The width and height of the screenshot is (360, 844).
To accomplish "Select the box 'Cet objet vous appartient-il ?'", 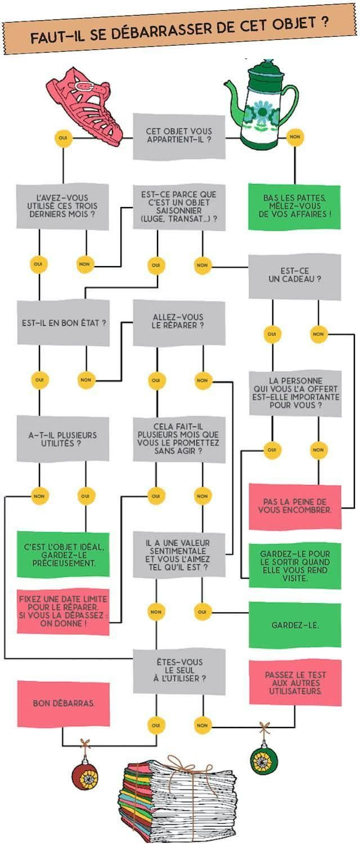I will pyautogui.click(x=179, y=136).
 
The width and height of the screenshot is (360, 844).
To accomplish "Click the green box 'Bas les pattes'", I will pyautogui.click(x=294, y=206).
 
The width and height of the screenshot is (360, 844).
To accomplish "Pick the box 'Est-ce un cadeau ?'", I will pyautogui.click(x=294, y=276).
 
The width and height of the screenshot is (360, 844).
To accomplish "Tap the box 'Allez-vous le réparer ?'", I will pyautogui.click(x=179, y=322).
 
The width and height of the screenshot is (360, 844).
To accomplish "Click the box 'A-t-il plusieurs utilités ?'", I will pyautogui.click(x=63, y=439).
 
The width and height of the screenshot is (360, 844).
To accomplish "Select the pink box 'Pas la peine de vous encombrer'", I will pyautogui.click(x=295, y=506).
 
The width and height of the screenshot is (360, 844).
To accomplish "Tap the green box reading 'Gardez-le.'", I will pyautogui.click(x=295, y=625).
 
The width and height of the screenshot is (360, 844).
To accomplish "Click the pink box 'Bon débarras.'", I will pyautogui.click(x=63, y=703).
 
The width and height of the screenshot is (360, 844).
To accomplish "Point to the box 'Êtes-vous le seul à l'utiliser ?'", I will pyautogui.click(x=179, y=671).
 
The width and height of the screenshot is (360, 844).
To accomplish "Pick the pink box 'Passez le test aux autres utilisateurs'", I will pyautogui.click(x=295, y=682).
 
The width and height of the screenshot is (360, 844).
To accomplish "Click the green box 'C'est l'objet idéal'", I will pyautogui.click(x=63, y=554).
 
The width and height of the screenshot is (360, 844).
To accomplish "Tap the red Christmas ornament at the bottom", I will pyautogui.click(x=85, y=776).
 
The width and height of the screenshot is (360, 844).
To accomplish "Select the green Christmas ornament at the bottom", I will pyautogui.click(x=263, y=760).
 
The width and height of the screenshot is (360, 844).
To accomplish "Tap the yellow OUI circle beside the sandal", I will pyautogui.click(x=62, y=137).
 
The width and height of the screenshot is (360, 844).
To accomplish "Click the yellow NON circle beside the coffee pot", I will pyautogui.click(x=294, y=137).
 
